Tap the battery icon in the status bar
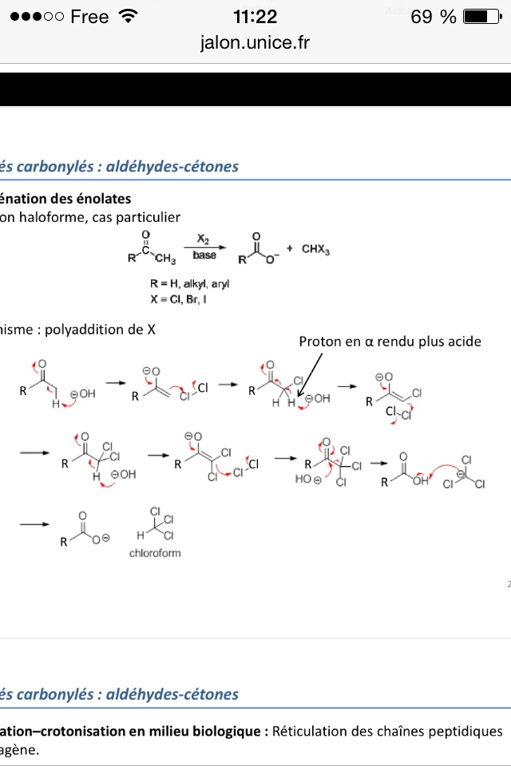tap(480, 17)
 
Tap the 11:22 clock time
tap(255, 17)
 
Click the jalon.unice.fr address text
tap(255, 43)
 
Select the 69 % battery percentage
tap(433, 17)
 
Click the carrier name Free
tap(89, 17)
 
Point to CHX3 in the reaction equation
tap(315, 249)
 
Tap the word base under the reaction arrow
tap(204, 255)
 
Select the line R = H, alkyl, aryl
tap(183, 284)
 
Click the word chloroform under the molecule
tap(155, 552)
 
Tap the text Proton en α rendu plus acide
tap(390, 342)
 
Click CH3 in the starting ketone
tap(164, 258)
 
